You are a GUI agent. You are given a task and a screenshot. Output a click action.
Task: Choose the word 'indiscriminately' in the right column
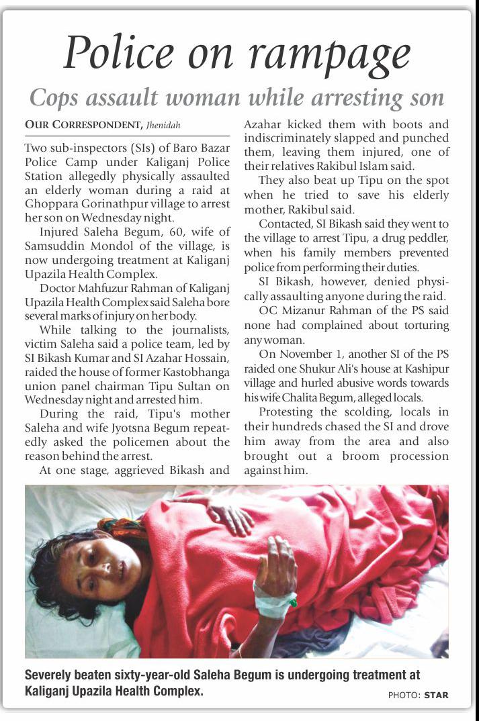(x=285, y=138)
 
